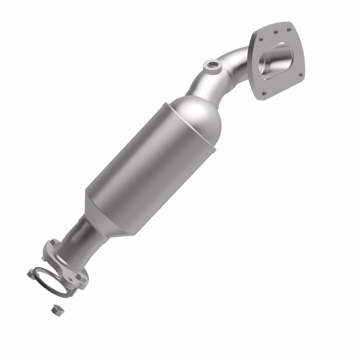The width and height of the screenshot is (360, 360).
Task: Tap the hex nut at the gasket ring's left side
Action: click(31, 272)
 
